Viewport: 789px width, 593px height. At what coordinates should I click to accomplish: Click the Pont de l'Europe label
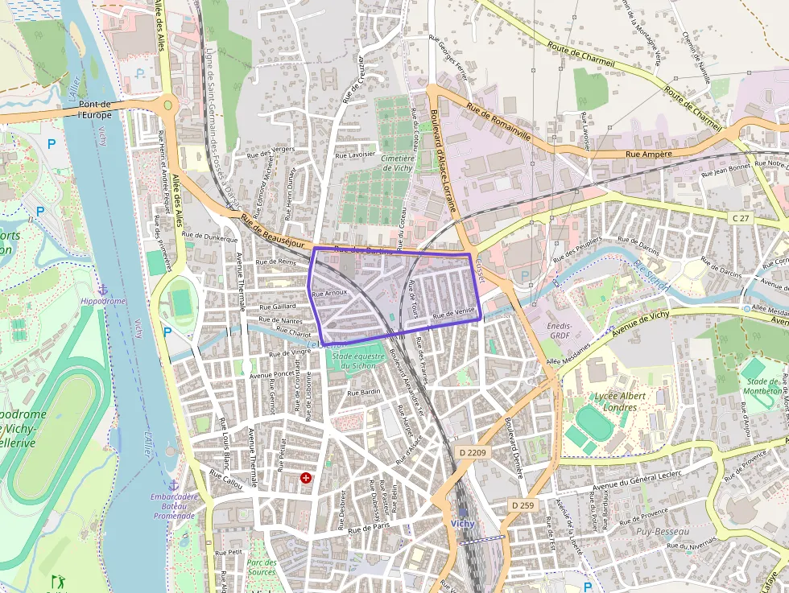click(x=96, y=109)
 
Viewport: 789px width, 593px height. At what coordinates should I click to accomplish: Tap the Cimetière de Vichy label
click(x=398, y=163)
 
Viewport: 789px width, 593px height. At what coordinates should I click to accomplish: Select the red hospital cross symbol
click(x=306, y=478)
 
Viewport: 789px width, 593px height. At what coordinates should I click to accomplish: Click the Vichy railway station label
click(x=463, y=523)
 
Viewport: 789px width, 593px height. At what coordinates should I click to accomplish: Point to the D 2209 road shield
click(x=473, y=453)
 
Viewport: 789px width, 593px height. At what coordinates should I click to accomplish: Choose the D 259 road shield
click(x=523, y=504)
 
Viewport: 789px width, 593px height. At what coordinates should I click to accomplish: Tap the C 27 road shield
click(x=740, y=218)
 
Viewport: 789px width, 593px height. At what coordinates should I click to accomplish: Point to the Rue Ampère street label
click(x=643, y=154)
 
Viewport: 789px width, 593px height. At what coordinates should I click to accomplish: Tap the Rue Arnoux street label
click(x=329, y=293)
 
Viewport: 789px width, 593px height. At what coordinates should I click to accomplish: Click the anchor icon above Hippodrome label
click(x=102, y=289)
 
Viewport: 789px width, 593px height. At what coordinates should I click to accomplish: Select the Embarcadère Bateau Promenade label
click(x=174, y=505)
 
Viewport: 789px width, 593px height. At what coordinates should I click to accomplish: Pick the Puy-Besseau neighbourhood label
click(x=663, y=532)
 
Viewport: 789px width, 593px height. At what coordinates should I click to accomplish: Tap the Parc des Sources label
click(x=262, y=567)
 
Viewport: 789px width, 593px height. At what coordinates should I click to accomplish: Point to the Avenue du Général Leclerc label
click(x=636, y=481)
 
